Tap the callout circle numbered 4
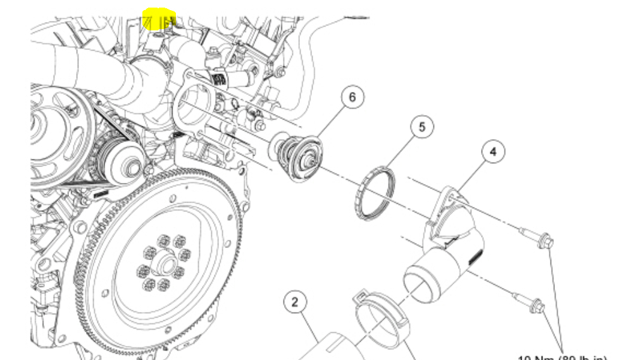(x=493, y=152)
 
